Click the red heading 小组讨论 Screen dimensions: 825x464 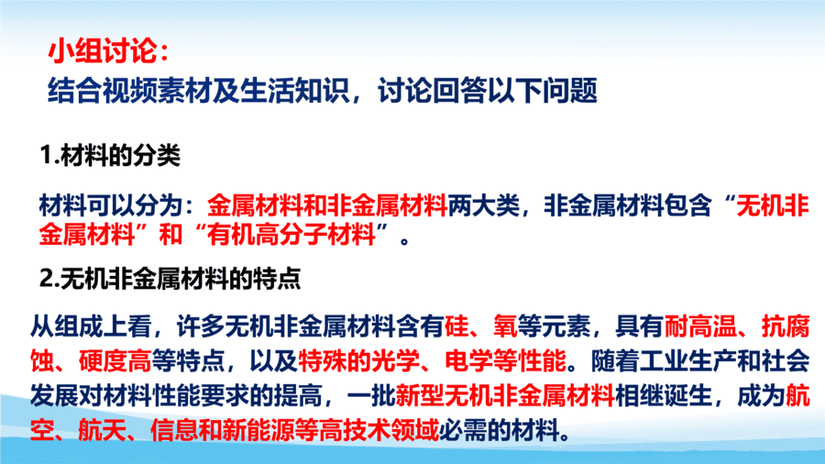(x=103, y=51)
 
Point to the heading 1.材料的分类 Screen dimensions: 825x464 (x=110, y=155)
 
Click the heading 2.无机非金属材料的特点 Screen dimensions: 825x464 (x=170, y=278)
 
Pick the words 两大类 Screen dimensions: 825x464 (x=483, y=205)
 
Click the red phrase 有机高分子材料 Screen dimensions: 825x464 (x=291, y=235)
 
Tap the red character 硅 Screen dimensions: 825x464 (x=456, y=326)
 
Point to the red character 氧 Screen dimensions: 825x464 (x=505, y=326)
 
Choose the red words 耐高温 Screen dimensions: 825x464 (x=700, y=326)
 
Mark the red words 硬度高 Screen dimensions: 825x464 (x=115, y=361)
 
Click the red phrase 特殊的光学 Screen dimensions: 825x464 (x=358, y=361)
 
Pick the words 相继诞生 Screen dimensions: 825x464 (x=664, y=396)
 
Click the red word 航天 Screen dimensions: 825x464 (x=103, y=431)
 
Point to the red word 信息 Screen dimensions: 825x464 (x=175, y=431)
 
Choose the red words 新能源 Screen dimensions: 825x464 (x=258, y=431)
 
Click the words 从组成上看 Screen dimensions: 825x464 (x=91, y=326)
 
